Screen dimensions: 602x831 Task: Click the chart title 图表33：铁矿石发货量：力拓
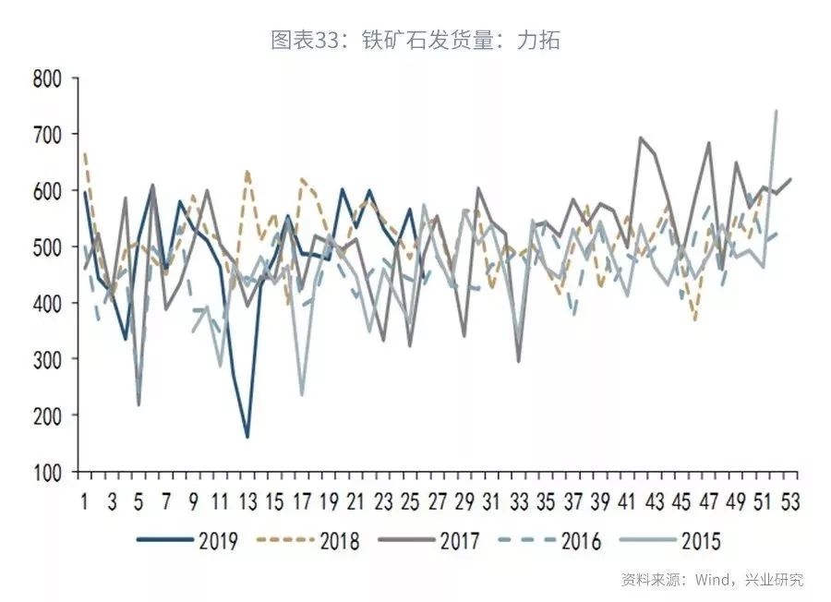415,41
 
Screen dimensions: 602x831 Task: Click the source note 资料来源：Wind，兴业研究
712,580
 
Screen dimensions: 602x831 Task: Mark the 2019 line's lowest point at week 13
247,437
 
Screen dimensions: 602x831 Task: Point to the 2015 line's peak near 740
776,112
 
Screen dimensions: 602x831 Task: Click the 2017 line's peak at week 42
640,138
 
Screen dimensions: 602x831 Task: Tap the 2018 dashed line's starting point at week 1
85,153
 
